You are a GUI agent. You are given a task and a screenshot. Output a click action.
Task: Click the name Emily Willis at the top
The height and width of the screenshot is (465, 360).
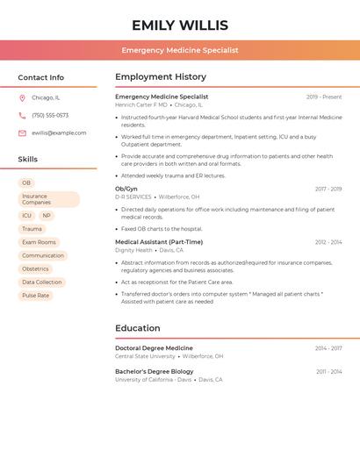[x=180, y=25]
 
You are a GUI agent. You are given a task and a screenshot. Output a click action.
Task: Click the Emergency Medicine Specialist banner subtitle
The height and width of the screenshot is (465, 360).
[x=180, y=50]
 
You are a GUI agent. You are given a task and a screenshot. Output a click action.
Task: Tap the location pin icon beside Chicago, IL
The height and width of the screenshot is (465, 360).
[x=22, y=98]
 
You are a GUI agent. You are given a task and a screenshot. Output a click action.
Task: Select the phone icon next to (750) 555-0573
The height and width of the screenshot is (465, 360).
[x=22, y=116]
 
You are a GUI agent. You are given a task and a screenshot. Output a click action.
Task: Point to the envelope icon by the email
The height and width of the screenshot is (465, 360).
[x=22, y=133]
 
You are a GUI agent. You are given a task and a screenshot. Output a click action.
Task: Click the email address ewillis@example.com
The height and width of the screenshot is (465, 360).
[x=59, y=133]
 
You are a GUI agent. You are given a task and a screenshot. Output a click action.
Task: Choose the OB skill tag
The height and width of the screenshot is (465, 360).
[x=26, y=183]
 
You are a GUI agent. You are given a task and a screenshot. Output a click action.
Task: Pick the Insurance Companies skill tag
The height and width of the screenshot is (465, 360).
[x=36, y=199]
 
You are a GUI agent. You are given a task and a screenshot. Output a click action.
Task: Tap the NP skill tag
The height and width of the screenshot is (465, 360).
[x=47, y=215]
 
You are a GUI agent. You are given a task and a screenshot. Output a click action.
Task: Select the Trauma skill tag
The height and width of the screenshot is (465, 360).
[x=32, y=229]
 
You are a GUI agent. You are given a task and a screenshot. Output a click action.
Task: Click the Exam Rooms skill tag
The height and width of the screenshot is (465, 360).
[x=39, y=242]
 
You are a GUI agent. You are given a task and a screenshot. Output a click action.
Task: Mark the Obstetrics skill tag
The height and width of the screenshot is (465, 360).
[x=35, y=268]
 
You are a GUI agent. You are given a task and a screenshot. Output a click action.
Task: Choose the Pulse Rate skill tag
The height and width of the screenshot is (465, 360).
[x=36, y=296]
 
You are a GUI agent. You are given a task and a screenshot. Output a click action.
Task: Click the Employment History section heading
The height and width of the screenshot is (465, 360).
[x=161, y=77]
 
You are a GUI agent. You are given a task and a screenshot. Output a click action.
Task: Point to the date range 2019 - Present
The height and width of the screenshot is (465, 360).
[x=324, y=97]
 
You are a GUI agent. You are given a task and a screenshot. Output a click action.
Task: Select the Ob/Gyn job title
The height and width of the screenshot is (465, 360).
[x=126, y=189]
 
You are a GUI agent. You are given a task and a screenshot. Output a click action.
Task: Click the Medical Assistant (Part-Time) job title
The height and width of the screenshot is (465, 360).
[x=159, y=242]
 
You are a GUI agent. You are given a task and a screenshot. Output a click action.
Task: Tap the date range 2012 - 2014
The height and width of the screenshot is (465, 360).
[x=328, y=242]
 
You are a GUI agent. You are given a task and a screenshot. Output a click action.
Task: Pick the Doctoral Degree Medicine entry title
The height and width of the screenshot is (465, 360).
[x=154, y=348]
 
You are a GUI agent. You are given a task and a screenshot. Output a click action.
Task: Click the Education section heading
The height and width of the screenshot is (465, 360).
[x=138, y=328]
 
